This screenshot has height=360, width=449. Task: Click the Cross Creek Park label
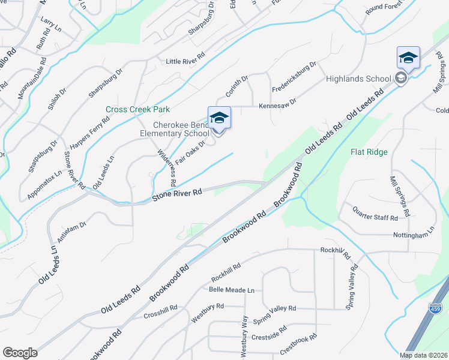137,109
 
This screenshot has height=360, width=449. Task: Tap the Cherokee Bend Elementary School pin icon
219,118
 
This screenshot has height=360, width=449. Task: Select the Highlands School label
358,79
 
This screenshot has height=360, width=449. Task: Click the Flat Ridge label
369,152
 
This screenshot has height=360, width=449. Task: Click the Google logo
20,353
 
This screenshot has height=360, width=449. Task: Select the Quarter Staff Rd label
375,214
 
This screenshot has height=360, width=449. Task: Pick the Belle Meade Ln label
231,290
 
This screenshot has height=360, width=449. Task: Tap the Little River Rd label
185,61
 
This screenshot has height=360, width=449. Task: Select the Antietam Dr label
72,229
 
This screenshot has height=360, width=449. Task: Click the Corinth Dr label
237,88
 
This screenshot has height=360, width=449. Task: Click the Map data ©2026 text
423,355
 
